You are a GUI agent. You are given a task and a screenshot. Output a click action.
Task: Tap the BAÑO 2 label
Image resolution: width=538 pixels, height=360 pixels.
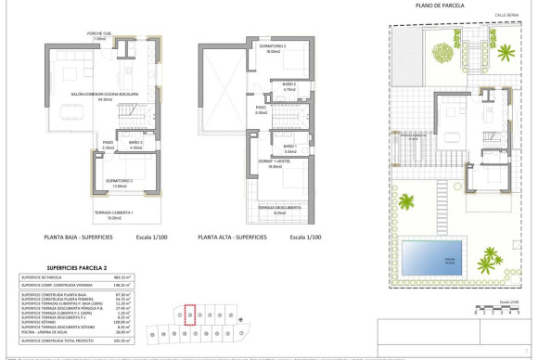(288, 86)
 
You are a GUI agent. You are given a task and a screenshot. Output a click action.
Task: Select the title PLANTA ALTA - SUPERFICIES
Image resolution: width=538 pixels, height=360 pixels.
(232, 238)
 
